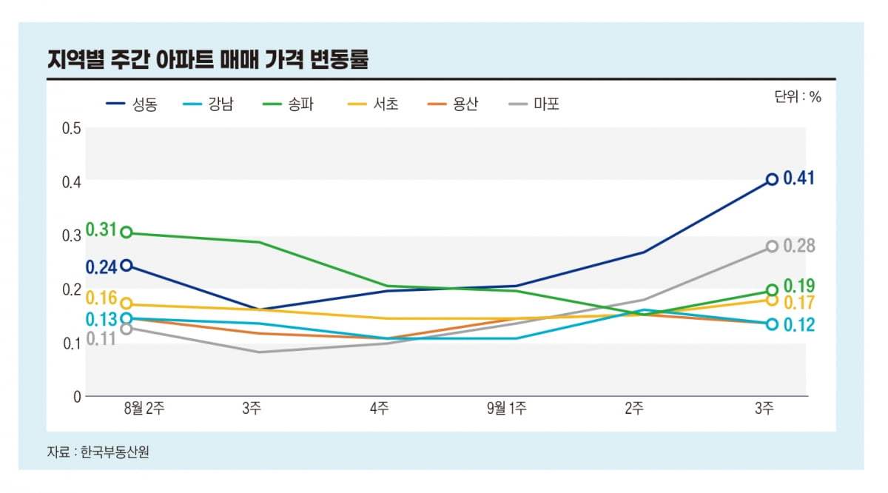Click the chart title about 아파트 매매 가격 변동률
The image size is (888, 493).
207,60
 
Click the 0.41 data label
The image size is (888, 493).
798,178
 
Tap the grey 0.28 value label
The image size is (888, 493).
798,246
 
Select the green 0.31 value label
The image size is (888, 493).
101,230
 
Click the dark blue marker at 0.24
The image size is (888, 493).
127,265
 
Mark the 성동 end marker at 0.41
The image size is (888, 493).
772,179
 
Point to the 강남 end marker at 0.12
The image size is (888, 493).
772,324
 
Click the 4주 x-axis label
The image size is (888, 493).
380,409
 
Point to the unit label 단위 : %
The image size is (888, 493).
798,97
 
